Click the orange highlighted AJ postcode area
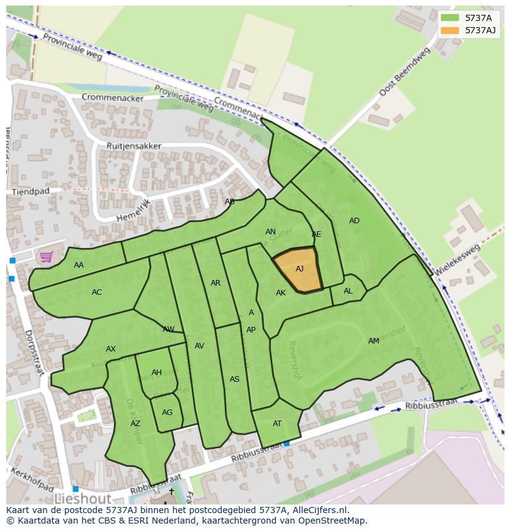coord(298,270)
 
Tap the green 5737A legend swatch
coord(450,18)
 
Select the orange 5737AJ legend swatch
coord(450,30)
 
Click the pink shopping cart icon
coord(46,257)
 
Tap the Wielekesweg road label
coord(458,261)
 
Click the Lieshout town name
coord(83,498)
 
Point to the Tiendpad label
coord(30,192)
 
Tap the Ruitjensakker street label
coord(134,146)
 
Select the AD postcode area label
coord(354,221)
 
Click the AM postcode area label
coord(374,341)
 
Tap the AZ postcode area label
coord(136,424)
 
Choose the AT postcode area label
coord(277,424)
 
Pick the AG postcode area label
coord(167,413)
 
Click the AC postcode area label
coord(97,292)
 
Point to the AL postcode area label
coord(348,291)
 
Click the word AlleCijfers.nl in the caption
coord(321,510)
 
